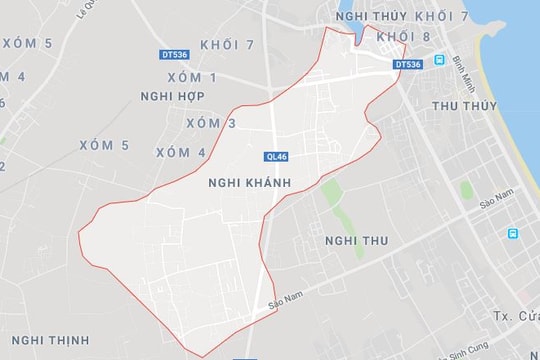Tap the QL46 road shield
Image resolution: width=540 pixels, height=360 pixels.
pyautogui.click(x=278, y=156)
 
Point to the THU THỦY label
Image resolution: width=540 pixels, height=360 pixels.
pyautogui.click(x=464, y=104)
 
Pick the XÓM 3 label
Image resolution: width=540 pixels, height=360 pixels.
pyautogui.click(x=211, y=123)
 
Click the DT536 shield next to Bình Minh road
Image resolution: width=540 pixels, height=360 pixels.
pyautogui.click(x=408, y=64)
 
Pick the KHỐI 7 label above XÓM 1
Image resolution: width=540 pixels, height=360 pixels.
pyautogui.click(x=227, y=46)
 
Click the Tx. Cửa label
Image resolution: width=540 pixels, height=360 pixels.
pyautogui.click(x=516, y=316)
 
